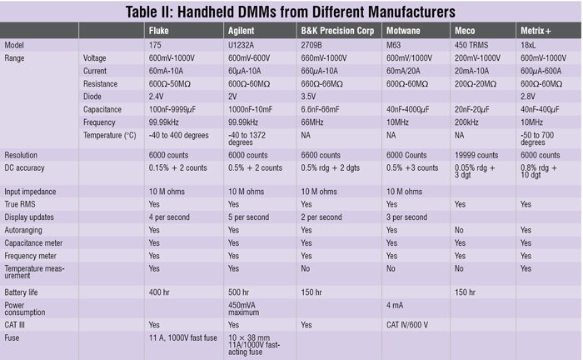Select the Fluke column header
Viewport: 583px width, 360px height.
[x=158, y=31]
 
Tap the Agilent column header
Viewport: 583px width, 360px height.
[x=242, y=31]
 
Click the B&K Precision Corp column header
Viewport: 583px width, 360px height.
[x=337, y=31]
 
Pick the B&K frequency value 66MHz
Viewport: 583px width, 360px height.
[x=316, y=121]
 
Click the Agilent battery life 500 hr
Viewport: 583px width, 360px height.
[x=239, y=292]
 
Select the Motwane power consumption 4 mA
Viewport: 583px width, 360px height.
[x=396, y=305]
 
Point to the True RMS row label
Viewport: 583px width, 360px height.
[x=22, y=203]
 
